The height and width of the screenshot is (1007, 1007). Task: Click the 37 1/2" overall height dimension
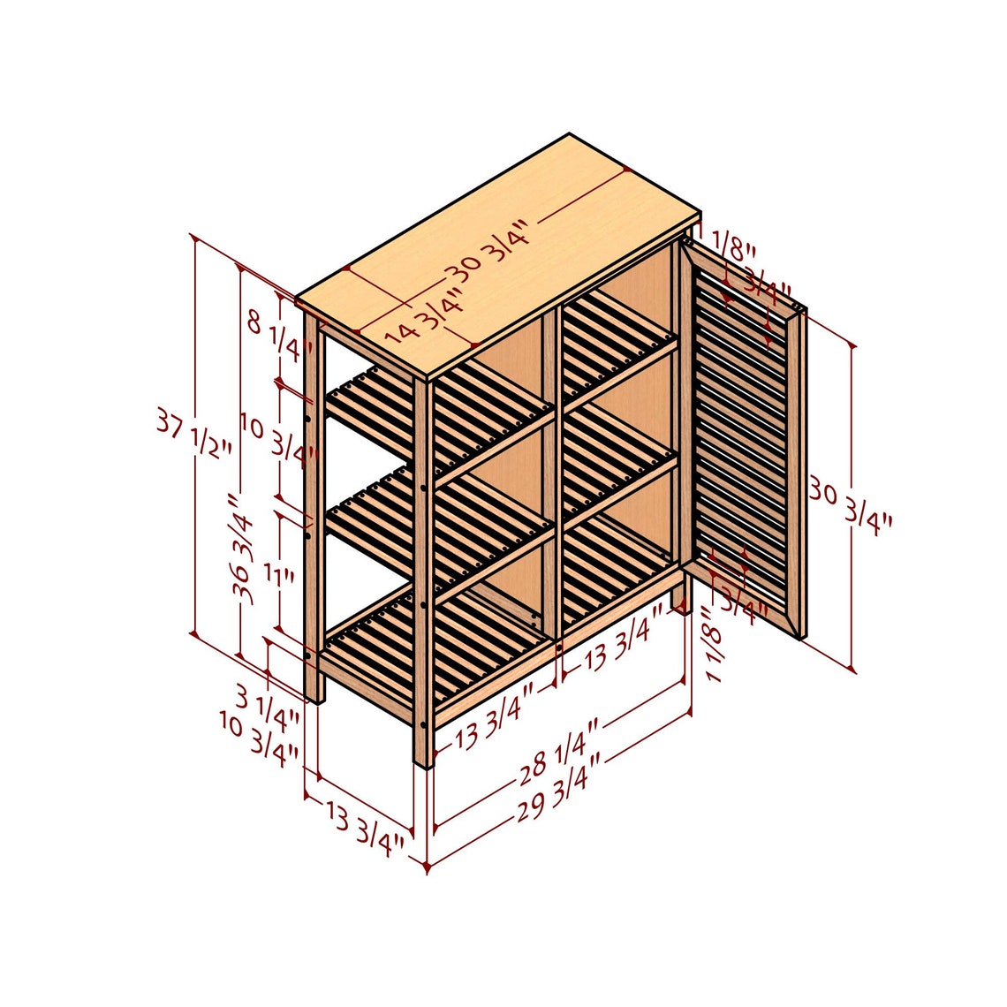pyautogui.click(x=194, y=432)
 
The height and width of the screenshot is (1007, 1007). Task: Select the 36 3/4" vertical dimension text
pyautogui.click(x=241, y=548)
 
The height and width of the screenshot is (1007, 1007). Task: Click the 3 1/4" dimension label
pyautogui.click(x=266, y=702)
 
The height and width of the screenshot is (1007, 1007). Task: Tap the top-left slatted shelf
pyautogui.click(x=442, y=415)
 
